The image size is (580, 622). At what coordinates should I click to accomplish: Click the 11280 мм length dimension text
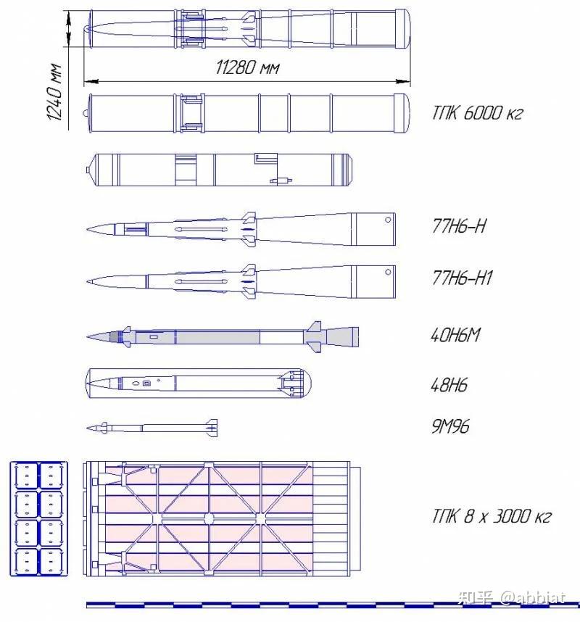click(x=248, y=67)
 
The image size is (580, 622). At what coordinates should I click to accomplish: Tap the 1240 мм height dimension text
click(x=54, y=92)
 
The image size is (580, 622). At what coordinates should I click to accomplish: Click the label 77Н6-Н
click(x=459, y=225)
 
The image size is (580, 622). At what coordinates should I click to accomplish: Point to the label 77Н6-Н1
click(x=463, y=278)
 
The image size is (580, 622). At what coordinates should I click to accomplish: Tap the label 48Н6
click(x=449, y=384)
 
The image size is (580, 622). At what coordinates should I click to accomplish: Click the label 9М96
click(x=449, y=426)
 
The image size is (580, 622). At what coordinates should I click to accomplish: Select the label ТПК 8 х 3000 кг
click(x=492, y=515)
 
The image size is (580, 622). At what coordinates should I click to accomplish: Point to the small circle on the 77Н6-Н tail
click(x=389, y=219)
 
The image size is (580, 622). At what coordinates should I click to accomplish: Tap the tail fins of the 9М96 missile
click(x=211, y=427)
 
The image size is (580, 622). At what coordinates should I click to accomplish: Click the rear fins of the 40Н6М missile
click(x=314, y=336)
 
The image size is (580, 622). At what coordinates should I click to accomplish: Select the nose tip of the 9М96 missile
click(x=88, y=428)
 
